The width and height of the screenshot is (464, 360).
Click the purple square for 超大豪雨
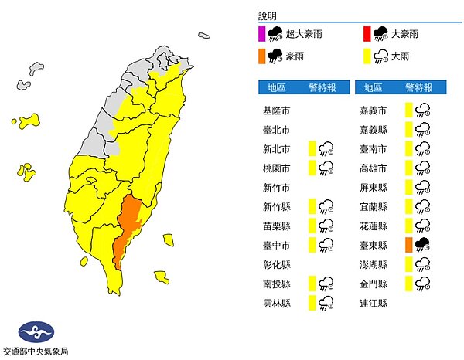(x=263, y=32)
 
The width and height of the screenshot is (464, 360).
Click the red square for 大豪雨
(x=368, y=32)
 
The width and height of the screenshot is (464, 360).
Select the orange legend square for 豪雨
(x=263, y=56)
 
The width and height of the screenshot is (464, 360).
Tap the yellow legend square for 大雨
(x=368, y=56)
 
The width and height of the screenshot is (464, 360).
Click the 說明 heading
(x=268, y=15)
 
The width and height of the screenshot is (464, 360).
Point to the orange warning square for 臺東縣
(x=408, y=245)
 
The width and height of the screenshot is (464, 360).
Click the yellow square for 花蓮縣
(x=408, y=226)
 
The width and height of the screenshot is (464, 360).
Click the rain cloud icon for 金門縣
(x=423, y=284)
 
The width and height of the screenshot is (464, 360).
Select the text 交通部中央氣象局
(x=36, y=352)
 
